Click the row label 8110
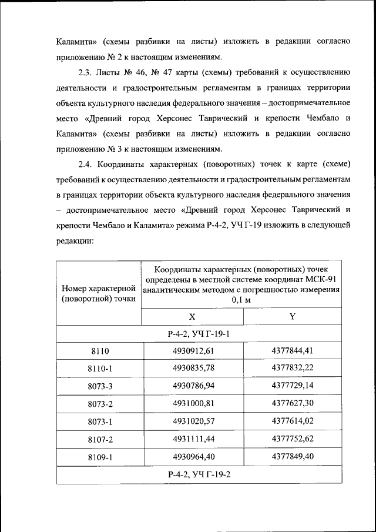pos(100,352)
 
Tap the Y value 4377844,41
pos(292,351)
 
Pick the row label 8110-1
pos(100,369)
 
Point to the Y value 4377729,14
pos(292,386)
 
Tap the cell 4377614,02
pos(292,421)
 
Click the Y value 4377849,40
pos(292,457)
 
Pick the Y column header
pos(292,316)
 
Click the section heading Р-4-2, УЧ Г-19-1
pos(199,334)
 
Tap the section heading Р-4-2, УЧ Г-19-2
pos(199,474)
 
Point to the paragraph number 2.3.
pos(86,73)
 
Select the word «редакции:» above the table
pos(75,240)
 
